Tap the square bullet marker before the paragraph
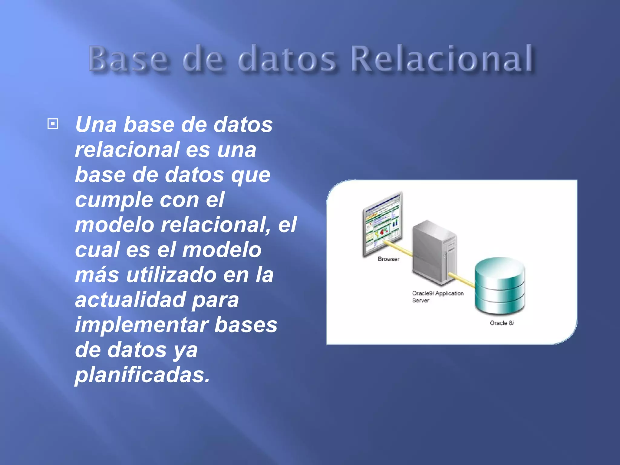(53, 124)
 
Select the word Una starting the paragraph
(96, 124)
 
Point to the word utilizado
(171, 275)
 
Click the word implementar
(142, 325)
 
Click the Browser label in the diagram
(388, 259)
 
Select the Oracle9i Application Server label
(437, 297)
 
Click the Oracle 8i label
(501, 323)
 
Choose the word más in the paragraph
(97, 275)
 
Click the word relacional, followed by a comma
(215, 225)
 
